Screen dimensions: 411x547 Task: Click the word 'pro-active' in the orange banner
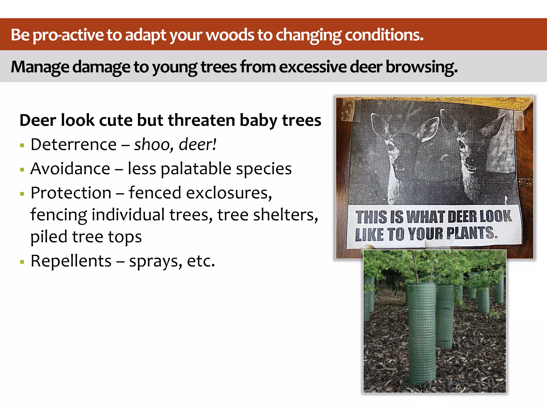point(68,35)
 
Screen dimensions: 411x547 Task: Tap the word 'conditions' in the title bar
point(384,35)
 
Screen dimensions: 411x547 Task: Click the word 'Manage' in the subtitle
point(40,67)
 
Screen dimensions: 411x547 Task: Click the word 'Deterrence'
point(73,145)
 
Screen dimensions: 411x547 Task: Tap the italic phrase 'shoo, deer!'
point(175,145)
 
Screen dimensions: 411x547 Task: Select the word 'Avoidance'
point(70,169)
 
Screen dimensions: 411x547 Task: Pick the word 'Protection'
point(71,193)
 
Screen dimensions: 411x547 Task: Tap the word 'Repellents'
point(71,261)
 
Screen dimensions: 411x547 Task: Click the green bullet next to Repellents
point(22,262)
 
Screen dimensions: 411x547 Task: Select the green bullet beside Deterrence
point(22,146)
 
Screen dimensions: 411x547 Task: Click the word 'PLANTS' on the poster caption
point(471,233)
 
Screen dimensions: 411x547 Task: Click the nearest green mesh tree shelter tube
point(421,334)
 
